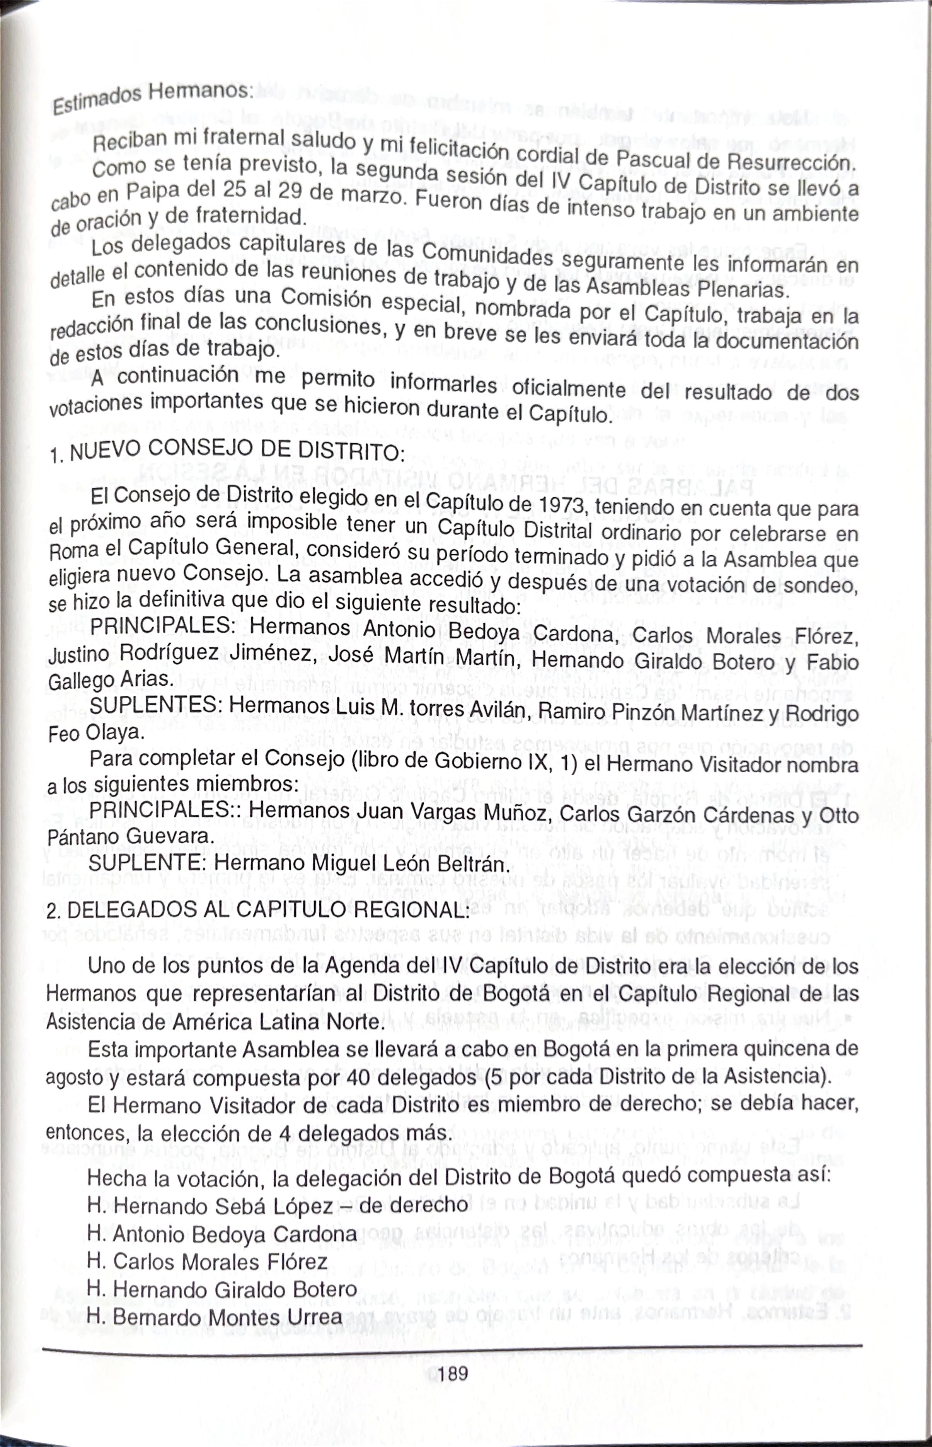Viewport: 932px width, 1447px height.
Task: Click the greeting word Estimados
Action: pyautogui.click(x=96, y=100)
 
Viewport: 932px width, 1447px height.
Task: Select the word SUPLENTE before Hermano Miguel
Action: pyautogui.click(x=148, y=863)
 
